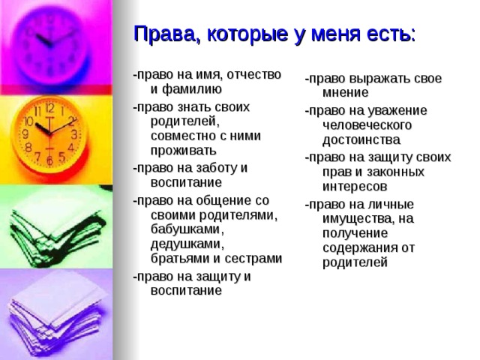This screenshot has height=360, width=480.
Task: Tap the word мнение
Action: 346,93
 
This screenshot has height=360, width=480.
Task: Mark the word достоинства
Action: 361,139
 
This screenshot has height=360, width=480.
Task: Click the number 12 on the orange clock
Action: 49,110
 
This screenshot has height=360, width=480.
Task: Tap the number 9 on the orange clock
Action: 25,134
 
